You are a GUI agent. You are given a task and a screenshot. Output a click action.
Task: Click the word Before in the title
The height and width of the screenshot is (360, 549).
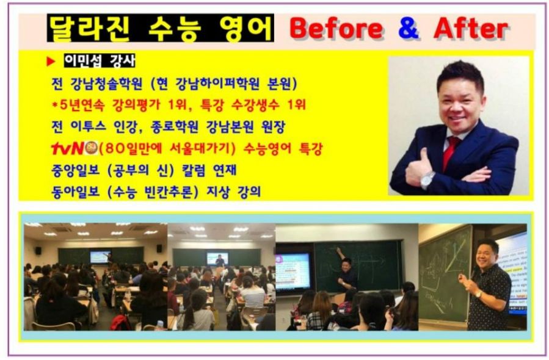coord(336,28)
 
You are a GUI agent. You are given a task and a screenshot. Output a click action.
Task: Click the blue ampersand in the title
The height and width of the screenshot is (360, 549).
coord(407,28)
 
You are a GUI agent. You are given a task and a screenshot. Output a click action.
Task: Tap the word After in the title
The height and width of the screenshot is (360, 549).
coord(470,28)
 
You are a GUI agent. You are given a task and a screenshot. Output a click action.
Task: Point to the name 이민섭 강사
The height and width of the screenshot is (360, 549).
coord(100,62)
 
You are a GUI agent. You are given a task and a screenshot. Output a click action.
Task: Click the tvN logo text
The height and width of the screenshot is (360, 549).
coord(68,148)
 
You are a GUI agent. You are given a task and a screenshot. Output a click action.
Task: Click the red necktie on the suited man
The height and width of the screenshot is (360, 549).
coord(451,153)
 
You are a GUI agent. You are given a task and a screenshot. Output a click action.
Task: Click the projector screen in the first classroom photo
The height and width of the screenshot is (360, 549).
coord(100,257)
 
